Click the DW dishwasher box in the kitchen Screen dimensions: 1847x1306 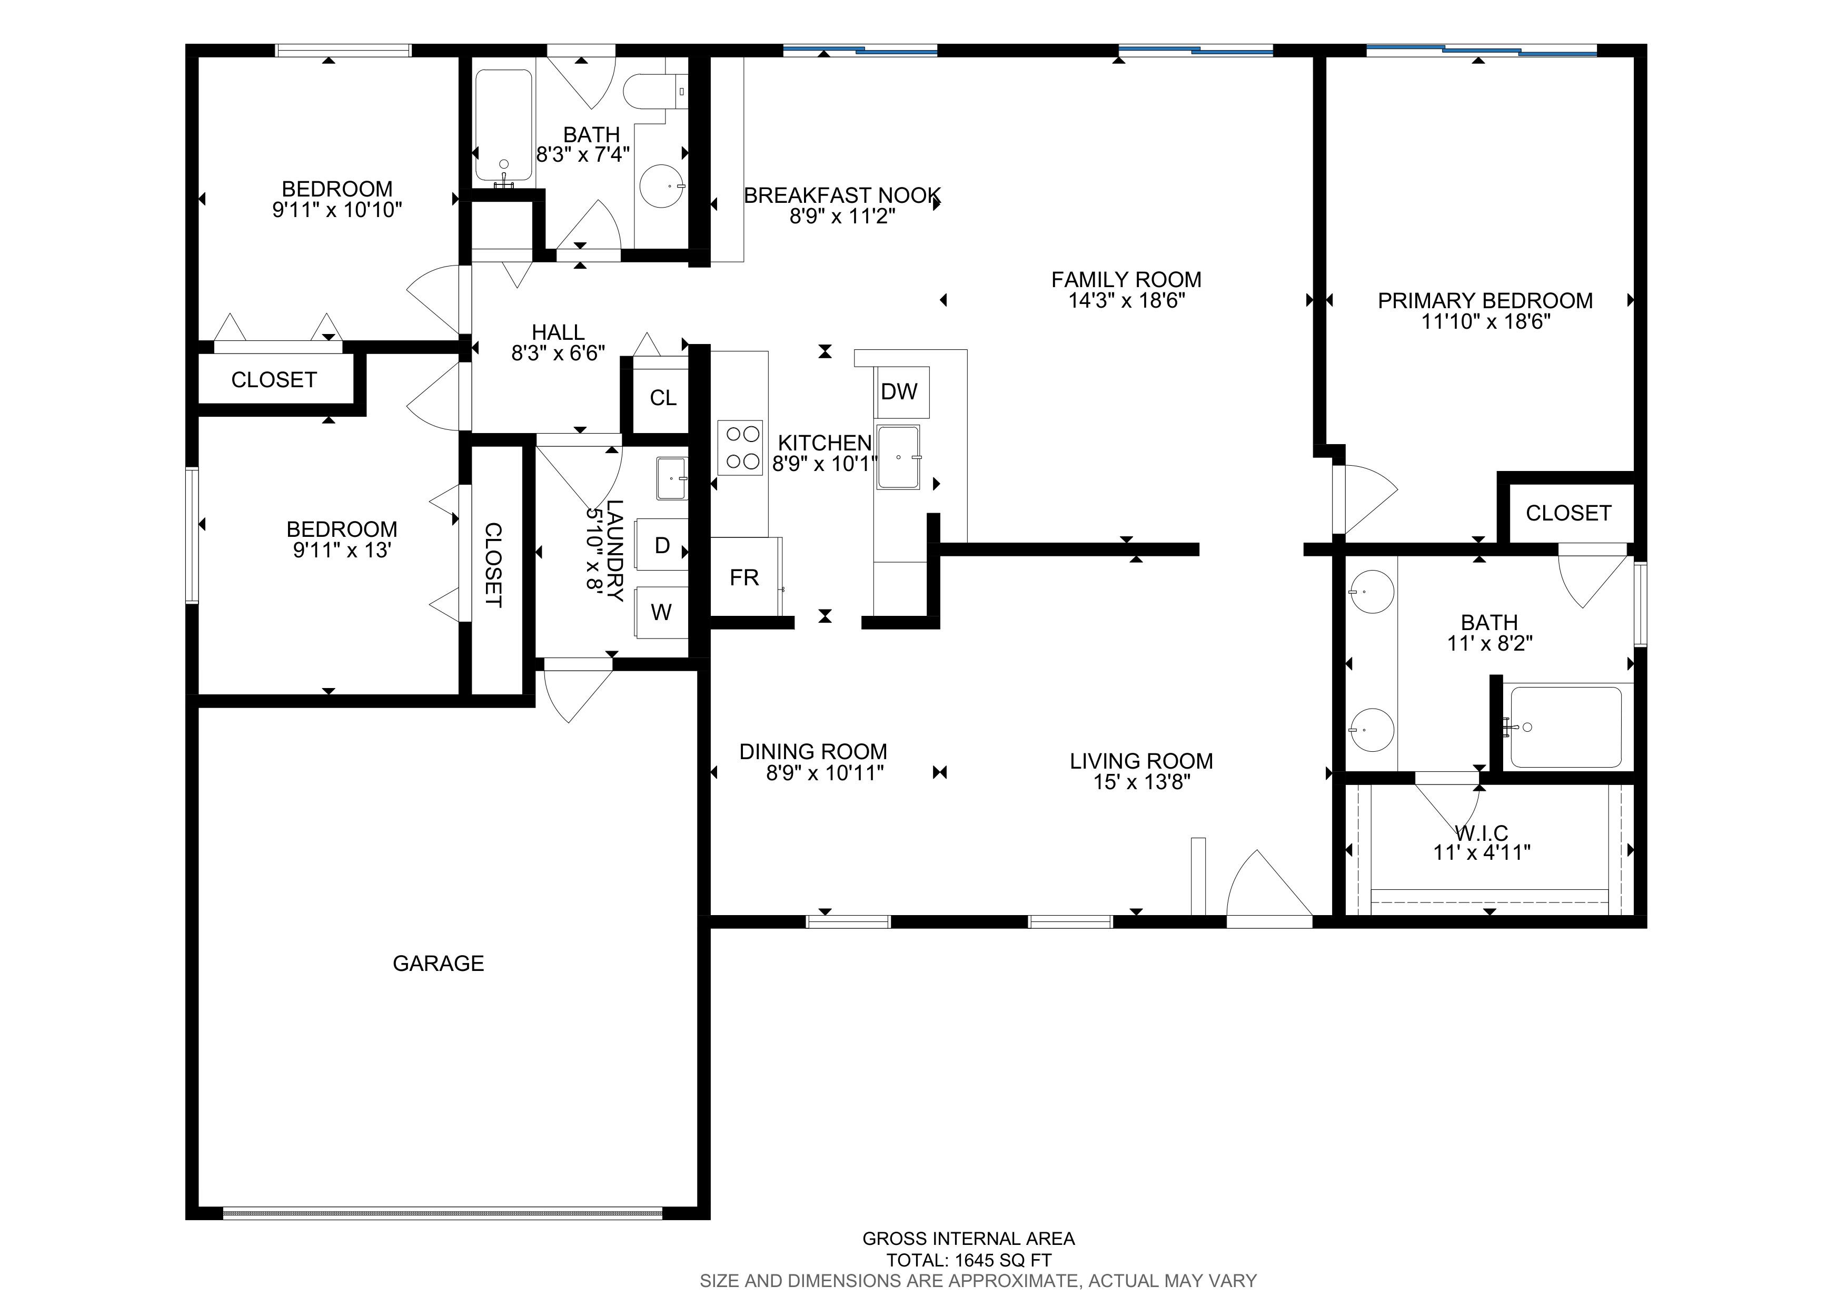click(902, 392)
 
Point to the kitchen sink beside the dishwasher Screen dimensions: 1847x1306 click(899, 457)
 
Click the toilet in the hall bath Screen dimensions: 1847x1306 click(656, 91)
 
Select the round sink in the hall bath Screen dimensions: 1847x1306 click(662, 186)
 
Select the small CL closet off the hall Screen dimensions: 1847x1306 click(663, 398)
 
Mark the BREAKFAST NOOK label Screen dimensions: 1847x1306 click(842, 195)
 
